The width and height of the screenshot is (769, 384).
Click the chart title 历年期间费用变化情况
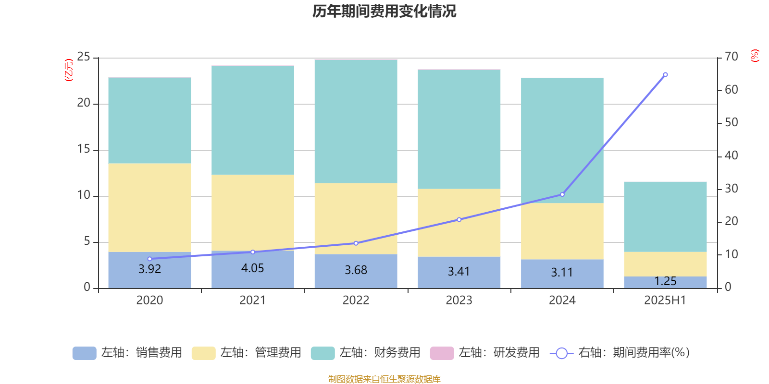(x=384, y=11)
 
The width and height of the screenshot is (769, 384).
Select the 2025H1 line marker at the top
(x=665, y=75)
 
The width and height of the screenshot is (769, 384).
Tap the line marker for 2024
(x=562, y=194)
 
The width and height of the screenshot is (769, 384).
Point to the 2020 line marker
(x=149, y=259)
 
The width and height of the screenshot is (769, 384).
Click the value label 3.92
(x=149, y=269)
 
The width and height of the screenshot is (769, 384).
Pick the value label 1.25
(x=665, y=281)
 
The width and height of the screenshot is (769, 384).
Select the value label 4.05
(x=252, y=268)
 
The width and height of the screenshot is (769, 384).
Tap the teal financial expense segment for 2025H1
(x=665, y=216)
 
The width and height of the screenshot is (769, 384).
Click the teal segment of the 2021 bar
(x=252, y=120)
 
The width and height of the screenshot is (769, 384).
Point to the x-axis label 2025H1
(x=665, y=300)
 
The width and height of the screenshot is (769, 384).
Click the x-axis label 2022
(x=356, y=300)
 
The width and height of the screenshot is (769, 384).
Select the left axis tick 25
(x=84, y=57)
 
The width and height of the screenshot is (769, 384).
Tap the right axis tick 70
(x=731, y=57)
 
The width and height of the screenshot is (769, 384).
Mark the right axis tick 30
(x=731, y=189)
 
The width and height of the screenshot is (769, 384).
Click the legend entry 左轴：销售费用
(x=127, y=353)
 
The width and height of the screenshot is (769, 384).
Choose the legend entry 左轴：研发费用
(x=485, y=353)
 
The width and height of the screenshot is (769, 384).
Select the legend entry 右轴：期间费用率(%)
(x=620, y=353)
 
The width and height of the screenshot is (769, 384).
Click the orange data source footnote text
(x=384, y=379)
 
